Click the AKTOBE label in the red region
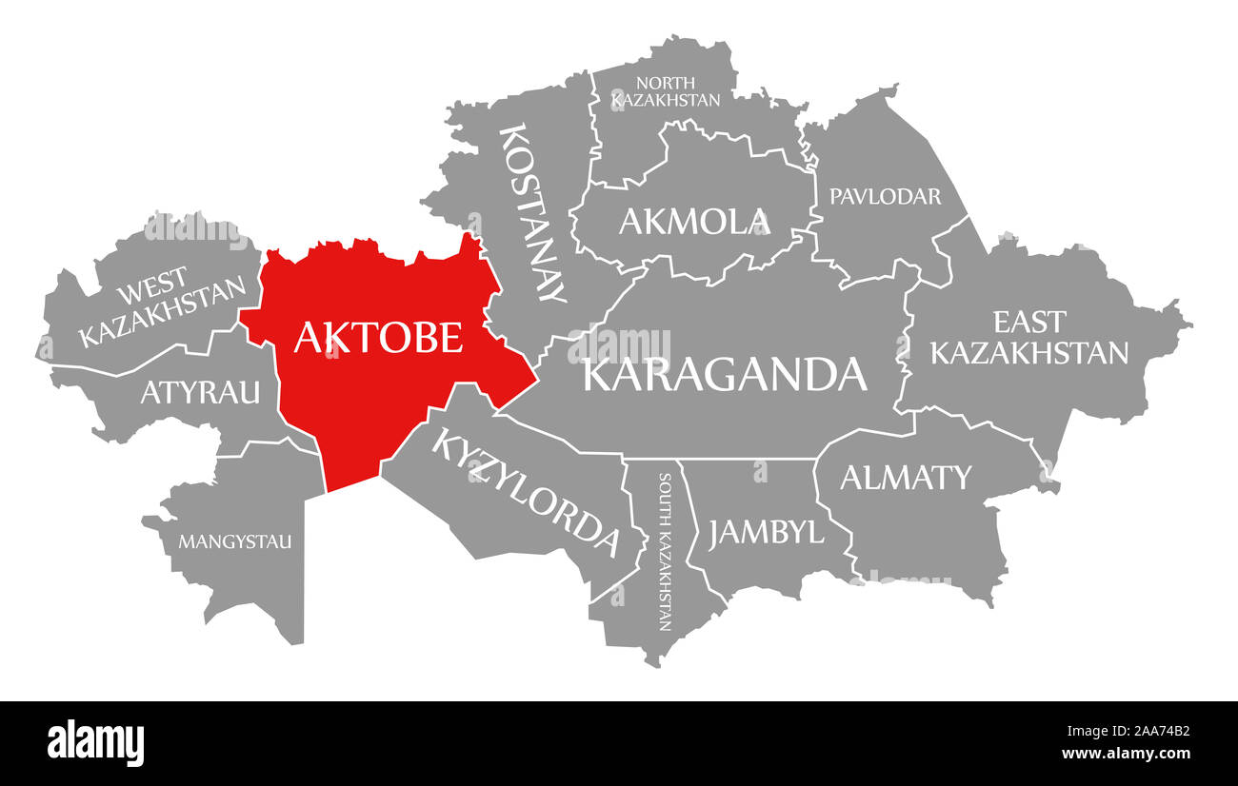pos(378,338)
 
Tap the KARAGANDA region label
pos(725,374)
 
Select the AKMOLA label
pos(693,221)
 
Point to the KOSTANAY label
pos(533,211)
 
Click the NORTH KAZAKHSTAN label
pos(666,91)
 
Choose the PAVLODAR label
pos(885,196)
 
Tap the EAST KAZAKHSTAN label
pos(1028,337)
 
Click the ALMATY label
pos(905,477)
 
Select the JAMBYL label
pos(766,532)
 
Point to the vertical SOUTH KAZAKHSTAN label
pos(664,552)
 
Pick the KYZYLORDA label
pos(526,491)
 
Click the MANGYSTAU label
pos(235,542)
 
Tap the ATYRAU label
pos(200,391)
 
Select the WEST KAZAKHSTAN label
pos(162,309)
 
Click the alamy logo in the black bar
pos(96,742)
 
